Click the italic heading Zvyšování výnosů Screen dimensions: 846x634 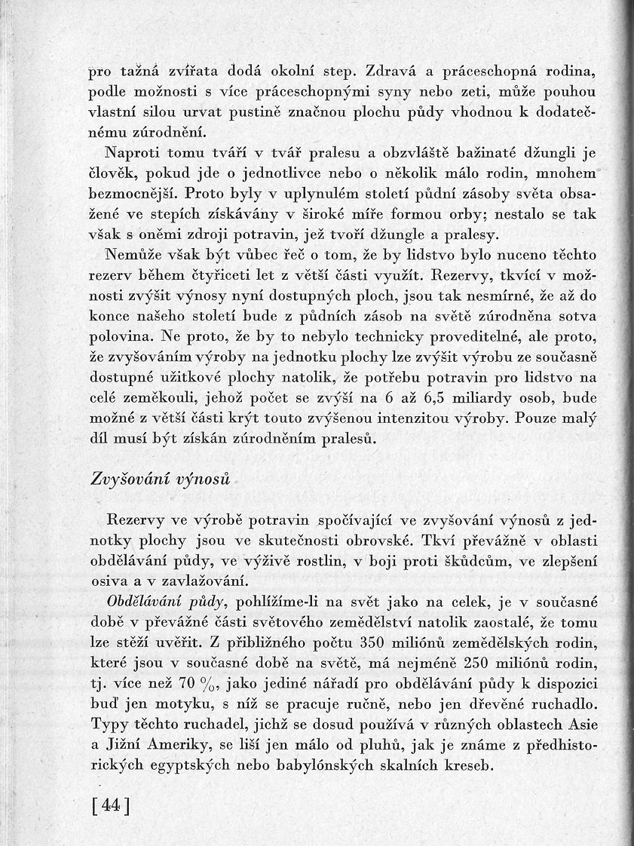click(x=160, y=480)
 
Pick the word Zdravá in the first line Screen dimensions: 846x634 click(x=392, y=73)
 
